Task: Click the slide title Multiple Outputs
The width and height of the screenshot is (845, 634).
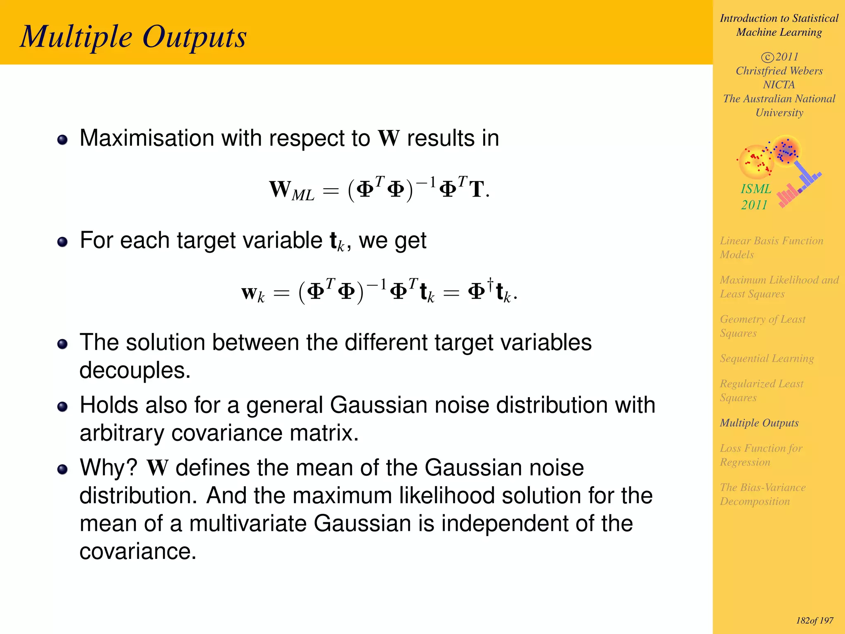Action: (x=133, y=37)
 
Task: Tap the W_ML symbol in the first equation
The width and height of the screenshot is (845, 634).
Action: (x=291, y=191)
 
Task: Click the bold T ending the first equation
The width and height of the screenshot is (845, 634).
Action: (x=477, y=190)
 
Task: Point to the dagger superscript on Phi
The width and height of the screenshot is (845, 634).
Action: (x=490, y=283)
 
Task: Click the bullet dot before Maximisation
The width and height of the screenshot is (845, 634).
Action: (x=62, y=140)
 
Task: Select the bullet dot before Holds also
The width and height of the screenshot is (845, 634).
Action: (x=62, y=407)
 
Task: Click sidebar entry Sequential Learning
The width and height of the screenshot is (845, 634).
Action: (x=767, y=358)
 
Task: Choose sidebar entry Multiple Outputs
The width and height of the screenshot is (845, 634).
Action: (x=759, y=423)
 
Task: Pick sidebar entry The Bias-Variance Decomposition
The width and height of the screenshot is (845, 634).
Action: (x=762, y=494)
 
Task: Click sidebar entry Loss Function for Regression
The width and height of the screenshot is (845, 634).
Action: (x=761, y=455)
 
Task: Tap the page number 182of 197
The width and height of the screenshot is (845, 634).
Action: (x=814, y=620)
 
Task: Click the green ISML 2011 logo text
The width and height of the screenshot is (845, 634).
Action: (x=755, y=196)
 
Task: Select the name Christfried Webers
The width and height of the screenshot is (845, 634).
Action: (x=779, y=71)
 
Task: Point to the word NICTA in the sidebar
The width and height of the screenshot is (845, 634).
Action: (x=779, y=85)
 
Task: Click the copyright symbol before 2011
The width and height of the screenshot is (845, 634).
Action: (x=767, y=57)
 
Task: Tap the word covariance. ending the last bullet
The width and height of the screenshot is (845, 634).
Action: (x=137, y=551)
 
